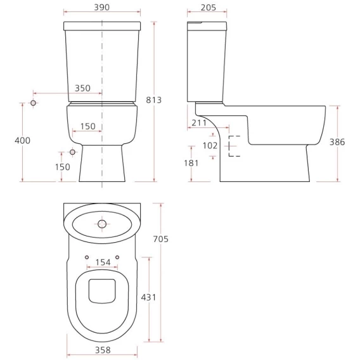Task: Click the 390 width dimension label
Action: (x=101, y=8)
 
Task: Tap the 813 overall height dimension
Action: (x=154, y=100)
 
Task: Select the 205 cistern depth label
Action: (x=209, y=8)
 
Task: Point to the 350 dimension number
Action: (x=82, y=88)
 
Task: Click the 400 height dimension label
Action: (x=23, y=140)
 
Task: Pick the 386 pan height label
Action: (x=337, y=142)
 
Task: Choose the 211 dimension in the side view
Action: (x=199, y=123)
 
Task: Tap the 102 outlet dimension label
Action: (x=210, y=146)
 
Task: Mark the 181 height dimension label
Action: (x=191, y=164)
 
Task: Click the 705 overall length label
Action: (x=161, y=239)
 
